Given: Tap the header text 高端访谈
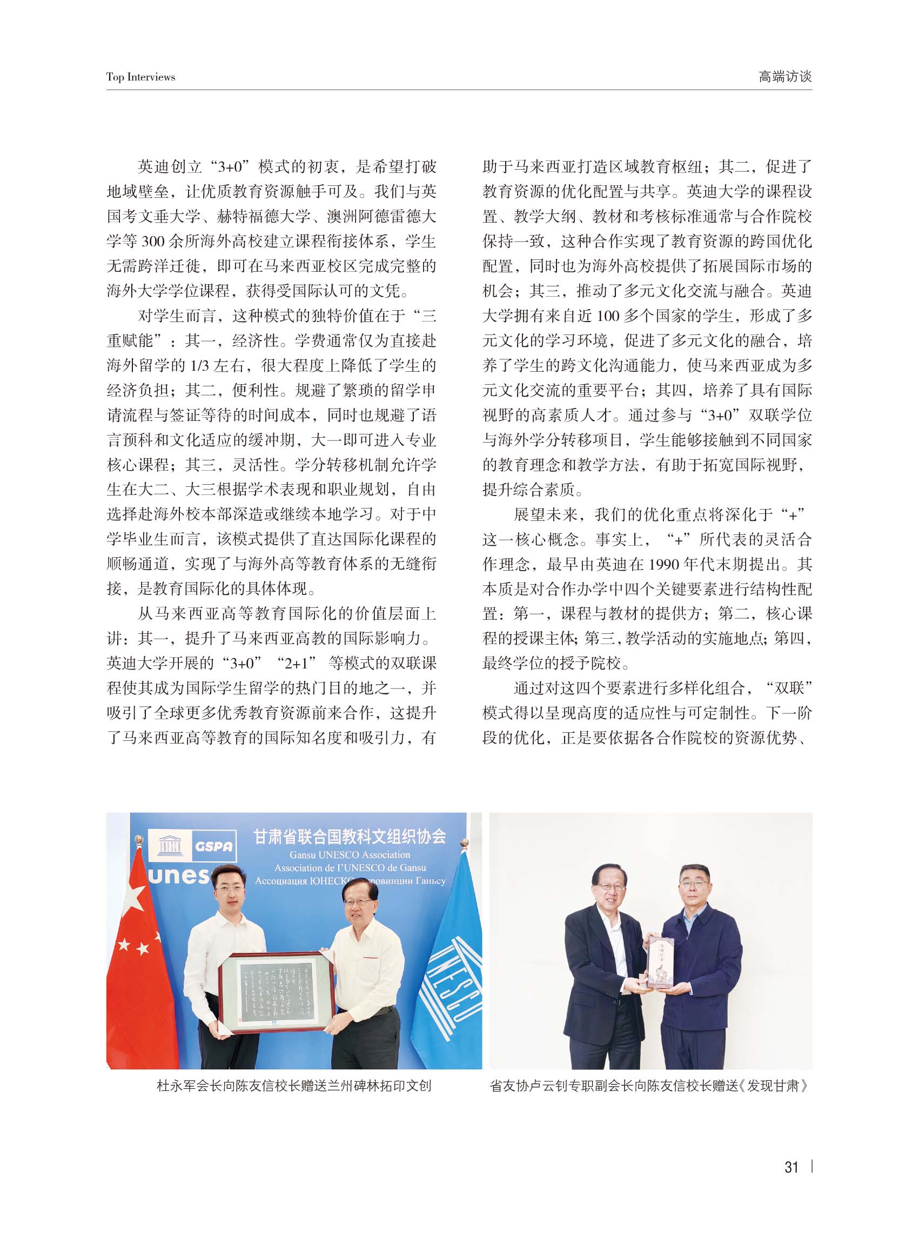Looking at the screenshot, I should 785,77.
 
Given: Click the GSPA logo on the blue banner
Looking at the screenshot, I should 213,846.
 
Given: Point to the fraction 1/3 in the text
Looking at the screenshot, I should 198,365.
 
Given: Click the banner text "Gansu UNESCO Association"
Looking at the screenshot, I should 350,855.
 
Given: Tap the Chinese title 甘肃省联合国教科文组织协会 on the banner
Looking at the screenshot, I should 350,837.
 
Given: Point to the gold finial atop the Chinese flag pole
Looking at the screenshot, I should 139,839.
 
